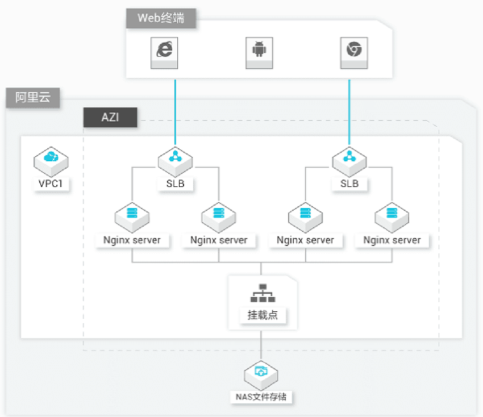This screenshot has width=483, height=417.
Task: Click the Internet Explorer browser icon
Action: [164, 53]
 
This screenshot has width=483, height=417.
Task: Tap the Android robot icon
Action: [259, 53]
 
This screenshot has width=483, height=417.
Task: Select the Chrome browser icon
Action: [354, 53]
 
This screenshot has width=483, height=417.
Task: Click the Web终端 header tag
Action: [161, 18]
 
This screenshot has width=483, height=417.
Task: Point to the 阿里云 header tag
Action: [32, 98]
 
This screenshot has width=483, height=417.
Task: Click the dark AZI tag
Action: [110, 118]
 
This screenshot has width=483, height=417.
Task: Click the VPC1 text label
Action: [51, 184]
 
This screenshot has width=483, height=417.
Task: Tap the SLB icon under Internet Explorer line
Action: [175, 161]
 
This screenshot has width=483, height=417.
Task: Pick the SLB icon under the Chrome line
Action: [349, 161]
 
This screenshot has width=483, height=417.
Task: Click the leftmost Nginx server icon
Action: [132, 218]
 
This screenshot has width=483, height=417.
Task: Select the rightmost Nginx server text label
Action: [392, 240]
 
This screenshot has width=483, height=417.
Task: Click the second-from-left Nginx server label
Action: [219, 240]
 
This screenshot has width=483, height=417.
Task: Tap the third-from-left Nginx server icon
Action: [305, 218]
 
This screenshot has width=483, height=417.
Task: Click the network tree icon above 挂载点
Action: [263, 293]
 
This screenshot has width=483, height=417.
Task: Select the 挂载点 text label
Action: [263, 315]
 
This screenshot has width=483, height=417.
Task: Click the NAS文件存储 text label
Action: [261, 397]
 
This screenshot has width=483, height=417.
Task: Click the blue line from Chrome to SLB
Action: [349, 112]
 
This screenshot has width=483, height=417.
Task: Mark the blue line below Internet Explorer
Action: [175, 112]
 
